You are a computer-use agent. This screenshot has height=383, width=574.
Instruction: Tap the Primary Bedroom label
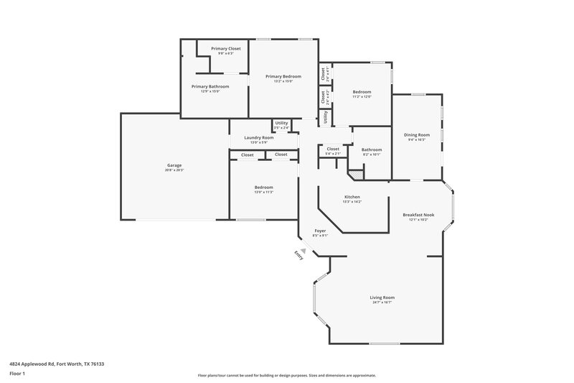[x=283, y=76]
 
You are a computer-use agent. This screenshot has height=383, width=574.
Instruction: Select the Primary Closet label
[x=226, y=48]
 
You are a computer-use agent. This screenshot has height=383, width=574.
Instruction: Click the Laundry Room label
[x=258, y=137]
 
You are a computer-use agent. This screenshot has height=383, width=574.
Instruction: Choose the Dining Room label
[x=416, y=134]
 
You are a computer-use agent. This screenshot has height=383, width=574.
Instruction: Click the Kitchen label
[x=352, y=197]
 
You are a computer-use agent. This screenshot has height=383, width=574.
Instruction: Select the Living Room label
[x=382, y=297]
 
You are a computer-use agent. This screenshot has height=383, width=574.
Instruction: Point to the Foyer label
[x=321, y=231]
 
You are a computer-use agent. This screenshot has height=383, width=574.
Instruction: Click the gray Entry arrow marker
[x=304, y=251]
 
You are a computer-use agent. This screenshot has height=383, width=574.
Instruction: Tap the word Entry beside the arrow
[x=297, y=257]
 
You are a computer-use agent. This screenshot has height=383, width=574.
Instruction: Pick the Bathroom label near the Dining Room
[x=371, y=149]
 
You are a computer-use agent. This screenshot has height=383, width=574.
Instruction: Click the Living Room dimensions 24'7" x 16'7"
[x=382, y=303]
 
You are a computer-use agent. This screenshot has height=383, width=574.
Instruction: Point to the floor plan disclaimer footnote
[x=286, y=375]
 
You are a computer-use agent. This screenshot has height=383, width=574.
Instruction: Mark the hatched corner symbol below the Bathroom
[x=354, y=174]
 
